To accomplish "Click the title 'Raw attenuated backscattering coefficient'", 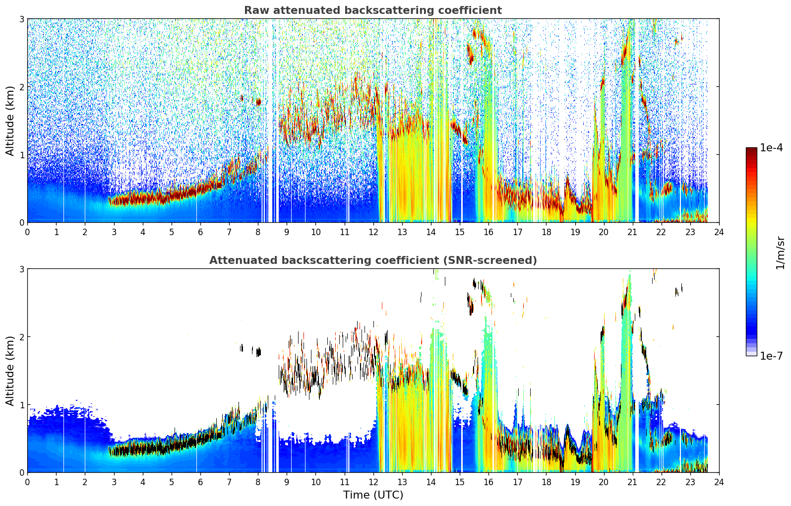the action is tap(373, 10).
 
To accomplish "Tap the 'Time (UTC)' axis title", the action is tap(373, 495).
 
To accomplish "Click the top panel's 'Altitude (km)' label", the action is tap(10, 121).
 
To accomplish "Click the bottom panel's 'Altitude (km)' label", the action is tap(10, 371).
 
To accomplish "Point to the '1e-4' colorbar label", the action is tap(771, 148).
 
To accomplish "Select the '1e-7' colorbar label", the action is tap(771, 356).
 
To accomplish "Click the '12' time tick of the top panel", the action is tap(373, 232).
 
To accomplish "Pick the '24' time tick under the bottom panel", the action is tap(719, 482).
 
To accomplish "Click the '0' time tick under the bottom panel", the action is tap(28, 482).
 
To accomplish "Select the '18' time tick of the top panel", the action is tap(547, 232).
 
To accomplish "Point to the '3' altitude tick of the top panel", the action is tap(21, 19).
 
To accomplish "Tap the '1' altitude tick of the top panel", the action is tap(21, 154).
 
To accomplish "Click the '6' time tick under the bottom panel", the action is tap(200, 482).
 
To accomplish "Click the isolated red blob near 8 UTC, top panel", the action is tap(258, 102).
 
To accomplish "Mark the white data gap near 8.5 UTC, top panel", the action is tap(270, 120).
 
